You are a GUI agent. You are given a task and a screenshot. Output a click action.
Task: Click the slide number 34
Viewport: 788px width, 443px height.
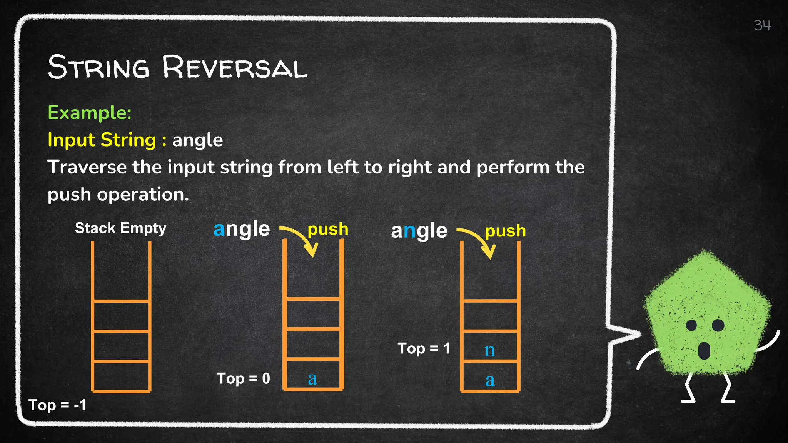[x=762, y=25]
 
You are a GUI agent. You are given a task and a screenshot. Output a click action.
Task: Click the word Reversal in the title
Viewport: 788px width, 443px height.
[x=235, y=68]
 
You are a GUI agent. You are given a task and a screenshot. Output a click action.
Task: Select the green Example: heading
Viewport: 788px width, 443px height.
[x=90, y=113]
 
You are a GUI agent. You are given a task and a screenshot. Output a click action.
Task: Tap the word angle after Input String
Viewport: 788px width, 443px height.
[x=197, y=140]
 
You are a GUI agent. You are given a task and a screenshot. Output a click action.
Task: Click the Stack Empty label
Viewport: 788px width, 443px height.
[x=120, y=228]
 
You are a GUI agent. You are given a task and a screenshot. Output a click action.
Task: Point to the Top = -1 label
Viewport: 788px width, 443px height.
[x=57, y=405]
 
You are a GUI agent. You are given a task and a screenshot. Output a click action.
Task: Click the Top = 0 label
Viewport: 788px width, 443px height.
[x=244, y=378]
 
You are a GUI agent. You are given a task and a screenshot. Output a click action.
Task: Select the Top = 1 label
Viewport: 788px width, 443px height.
[x=424, y=348]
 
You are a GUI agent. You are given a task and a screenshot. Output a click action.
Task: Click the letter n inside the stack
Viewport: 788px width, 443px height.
[x=489, y=350]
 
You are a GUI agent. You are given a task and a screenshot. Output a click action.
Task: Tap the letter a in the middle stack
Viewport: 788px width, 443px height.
[x=312, y=379]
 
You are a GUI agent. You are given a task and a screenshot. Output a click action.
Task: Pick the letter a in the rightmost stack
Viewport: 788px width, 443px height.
[x=490, y=380]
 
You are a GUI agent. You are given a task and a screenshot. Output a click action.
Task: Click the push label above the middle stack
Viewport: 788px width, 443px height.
[x=328, y=229]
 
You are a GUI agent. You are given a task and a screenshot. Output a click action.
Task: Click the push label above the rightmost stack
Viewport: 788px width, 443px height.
[x=505, y=231]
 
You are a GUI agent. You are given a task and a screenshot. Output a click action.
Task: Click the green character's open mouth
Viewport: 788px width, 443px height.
[x=704, y=350]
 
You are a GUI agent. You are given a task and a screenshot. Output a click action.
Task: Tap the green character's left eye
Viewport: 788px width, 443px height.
[x=691, y=325]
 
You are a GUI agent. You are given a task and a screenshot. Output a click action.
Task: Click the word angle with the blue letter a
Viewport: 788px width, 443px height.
[x=242, y=229]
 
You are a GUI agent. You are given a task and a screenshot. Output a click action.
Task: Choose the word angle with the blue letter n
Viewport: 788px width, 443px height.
[x=419, y=231]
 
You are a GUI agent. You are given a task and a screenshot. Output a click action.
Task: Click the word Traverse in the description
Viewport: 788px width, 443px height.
[x=87, y=167]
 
